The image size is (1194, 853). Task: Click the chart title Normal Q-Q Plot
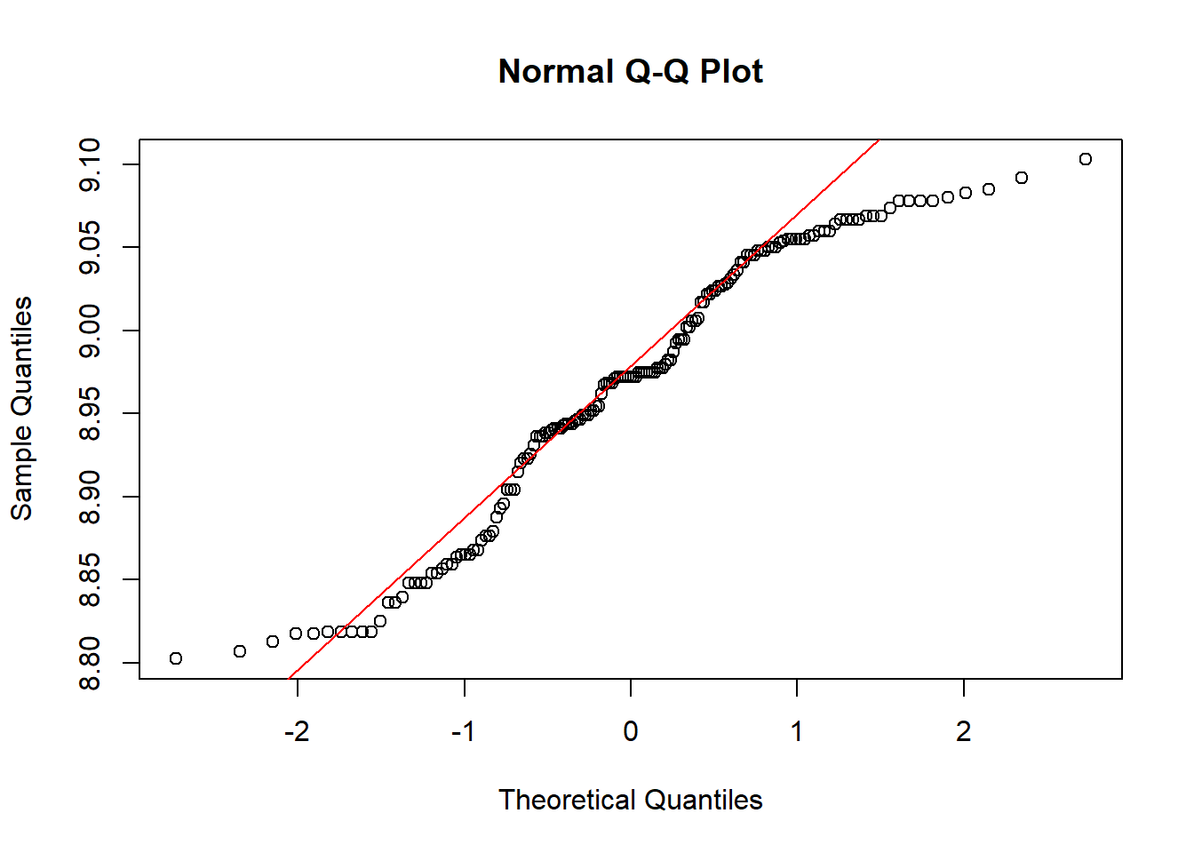pyautogui.click(x=630, y=71)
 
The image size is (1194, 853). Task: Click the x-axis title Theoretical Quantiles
pyautogui.click(x=630, y=800)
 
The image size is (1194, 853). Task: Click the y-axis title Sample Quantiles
pyautogui.click(x=21, y=408)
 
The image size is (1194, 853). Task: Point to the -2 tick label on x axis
pyautogui.click(x=297, y=731)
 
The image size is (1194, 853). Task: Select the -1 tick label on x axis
pyautogui.click(x=463, y=731)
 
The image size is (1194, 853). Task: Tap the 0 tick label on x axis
pyautogui.click(x=630, y=731)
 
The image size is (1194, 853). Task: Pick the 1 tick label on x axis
pyautogui.click(x=797, y=731)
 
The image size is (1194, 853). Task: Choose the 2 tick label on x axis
pyautogui.click(x=963, y=731)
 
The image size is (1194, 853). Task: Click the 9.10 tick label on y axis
pyautogui.click(x=90, y=165)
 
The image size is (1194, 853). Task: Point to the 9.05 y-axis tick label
pyautogui.click(x=90, y=248)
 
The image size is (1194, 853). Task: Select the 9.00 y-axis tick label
pyautogui.click(x=90, y=331)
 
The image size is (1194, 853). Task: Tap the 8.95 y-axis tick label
pyautogui.click(x=90, y=413)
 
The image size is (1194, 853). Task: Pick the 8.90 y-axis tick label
pyautogui.click(x=90, y=497)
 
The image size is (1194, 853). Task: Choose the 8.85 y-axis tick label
pyautogui.click(x=90, y=579)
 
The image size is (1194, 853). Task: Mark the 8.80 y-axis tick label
pyautogui.click(x=90, y=663)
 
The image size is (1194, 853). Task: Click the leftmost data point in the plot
pyautogui.click(x=176, y=658)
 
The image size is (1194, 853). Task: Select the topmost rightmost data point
pyautogui.click(x=1085, y=159)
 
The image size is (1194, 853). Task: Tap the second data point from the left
pyautogui.click(x=240, y=651)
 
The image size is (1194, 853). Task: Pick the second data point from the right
pyautogui.click(x=1022, y=178)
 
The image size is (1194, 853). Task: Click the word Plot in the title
pyautogui.click(x=731, y=71)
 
